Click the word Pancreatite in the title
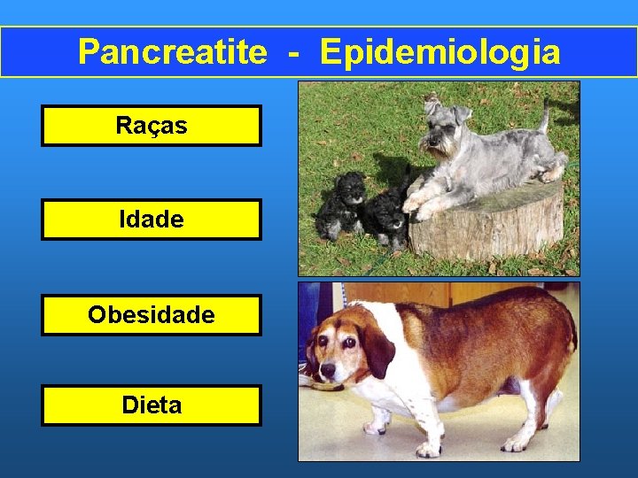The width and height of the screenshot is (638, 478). [x=171, y=52]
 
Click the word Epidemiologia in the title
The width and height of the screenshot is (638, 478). [x=440, y=52]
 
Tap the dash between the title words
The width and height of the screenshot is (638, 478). [x=292, y=53]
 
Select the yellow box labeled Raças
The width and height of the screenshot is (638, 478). [x=152, y=126]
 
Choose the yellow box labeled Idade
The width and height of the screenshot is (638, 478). [x=152, y=220]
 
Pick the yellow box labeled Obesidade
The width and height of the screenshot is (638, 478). [x=152, y=315]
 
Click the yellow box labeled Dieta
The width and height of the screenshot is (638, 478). [x=152, y=405]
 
